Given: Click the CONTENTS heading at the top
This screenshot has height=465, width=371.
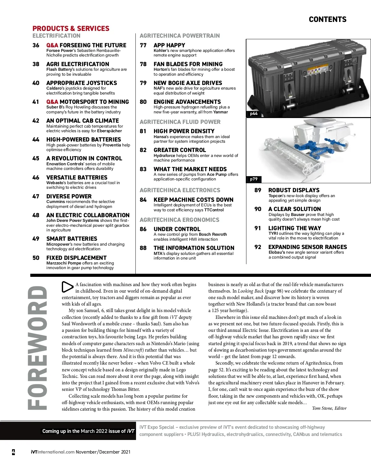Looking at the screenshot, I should click(x=327, y=19).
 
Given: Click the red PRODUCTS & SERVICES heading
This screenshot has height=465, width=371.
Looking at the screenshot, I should click(x=71, y=28).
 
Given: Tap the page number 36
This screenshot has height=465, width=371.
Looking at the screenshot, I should click(x=36, y=45).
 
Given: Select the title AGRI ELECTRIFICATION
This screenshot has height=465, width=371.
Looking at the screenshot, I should click(x=78, y=64).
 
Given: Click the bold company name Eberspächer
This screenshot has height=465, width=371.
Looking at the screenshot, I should click(x=109, y=131).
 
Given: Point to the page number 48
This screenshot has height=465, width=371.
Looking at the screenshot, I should click(x=36, y=215).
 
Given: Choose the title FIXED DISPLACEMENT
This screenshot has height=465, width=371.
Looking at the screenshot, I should click(x=76, y=258).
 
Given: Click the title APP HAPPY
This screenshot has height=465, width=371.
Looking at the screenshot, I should click(x=169, y=45).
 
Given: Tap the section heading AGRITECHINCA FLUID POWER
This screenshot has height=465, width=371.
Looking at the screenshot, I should click(x=180, y=122).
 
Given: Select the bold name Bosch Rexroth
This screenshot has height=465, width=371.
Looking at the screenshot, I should click(x=213, y=235).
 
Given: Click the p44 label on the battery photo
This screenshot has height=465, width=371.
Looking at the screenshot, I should click(x=254, y=114).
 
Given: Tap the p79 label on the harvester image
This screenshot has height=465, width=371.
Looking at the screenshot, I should click(x=254, y=179).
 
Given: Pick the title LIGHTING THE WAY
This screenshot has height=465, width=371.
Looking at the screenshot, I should click(x=295, y=228).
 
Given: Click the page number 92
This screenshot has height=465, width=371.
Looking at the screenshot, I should click(x=258, y=247).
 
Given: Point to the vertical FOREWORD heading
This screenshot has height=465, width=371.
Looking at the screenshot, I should click(x=38, y=348).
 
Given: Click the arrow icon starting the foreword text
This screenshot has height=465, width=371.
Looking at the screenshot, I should click(x=67, y=287).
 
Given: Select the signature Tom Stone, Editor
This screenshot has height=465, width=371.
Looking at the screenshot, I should click(x=329, y=408).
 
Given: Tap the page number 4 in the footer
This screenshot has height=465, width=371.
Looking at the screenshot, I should click(x=13, y=452).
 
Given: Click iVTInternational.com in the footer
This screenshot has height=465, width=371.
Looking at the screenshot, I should click(x=53, y=452).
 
